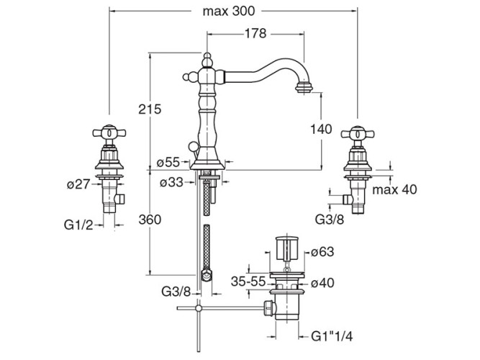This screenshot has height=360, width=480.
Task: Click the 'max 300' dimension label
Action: point(228,12)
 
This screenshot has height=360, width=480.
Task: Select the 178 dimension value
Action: point(255,33)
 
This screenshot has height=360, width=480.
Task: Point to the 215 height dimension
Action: point(150,109)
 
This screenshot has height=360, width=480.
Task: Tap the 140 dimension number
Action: point(321,129)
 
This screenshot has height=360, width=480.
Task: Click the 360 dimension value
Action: point(150,220)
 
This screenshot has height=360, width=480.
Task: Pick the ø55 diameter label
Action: point(168,163)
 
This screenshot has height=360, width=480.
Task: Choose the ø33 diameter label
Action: point(171,183)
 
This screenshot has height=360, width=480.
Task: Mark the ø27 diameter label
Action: point(79,184)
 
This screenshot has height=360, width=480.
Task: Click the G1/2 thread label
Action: point(78,225)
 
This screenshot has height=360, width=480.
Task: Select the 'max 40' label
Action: point(394,189)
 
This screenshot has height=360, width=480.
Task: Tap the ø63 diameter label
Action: point(322,252)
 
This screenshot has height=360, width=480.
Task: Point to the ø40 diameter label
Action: point(322,282)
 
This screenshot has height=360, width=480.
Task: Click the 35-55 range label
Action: point(248,282)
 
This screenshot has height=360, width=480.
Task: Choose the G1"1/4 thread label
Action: point(332,336)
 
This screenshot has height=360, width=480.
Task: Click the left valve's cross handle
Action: point(109,132)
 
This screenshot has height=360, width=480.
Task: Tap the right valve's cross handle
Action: point(358,134)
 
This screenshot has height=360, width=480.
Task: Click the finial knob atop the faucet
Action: point(207,60)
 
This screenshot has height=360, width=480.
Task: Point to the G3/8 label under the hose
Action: point(176,292)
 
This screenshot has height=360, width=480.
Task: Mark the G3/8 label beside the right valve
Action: point(330,220)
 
